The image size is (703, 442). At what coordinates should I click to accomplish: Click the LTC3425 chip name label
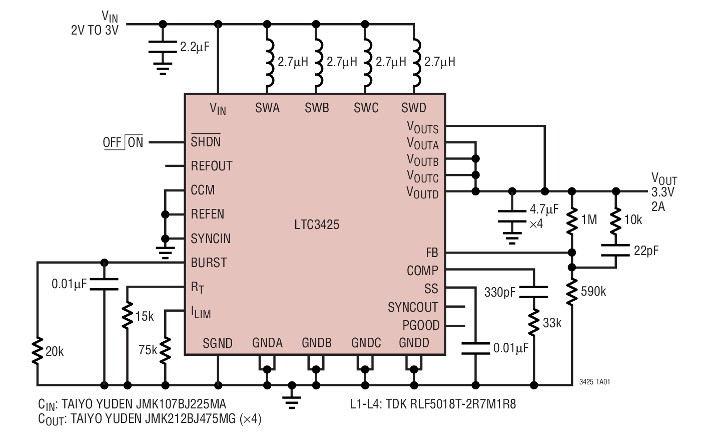point(317,225)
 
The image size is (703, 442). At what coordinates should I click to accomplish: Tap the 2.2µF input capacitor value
point(194,48)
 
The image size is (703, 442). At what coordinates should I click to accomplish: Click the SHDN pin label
point(206,142)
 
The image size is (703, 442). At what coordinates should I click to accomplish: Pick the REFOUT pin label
point(211,166)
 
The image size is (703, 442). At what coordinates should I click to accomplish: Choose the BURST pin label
point(209,263)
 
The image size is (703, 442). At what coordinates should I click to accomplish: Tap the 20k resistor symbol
point(37,351)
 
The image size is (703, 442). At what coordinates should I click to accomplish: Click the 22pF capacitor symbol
point(615,250)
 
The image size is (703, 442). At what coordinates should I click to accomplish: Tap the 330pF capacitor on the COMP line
point(534,292)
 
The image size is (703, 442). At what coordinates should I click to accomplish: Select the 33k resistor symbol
point(534,323)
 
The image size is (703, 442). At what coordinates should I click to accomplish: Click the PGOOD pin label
point(421,326)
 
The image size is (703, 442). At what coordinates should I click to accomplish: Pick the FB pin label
point(431,253)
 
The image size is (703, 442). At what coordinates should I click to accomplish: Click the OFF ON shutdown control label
point(123,142)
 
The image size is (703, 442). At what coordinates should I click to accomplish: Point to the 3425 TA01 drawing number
point(594,382)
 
